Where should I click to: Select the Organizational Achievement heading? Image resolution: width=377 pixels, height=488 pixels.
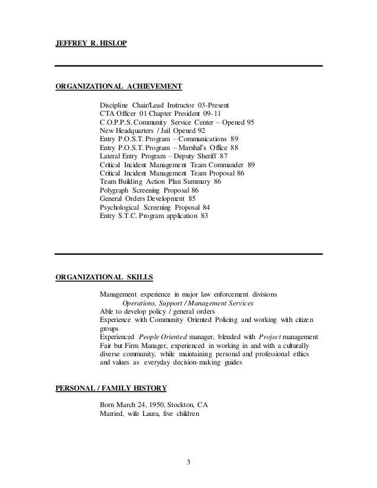118,87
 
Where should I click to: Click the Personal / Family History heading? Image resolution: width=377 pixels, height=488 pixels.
110,388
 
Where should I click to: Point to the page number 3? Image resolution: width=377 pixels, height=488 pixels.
188,461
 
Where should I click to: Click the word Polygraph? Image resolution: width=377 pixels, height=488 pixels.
117,191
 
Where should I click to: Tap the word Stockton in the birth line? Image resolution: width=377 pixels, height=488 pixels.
171,405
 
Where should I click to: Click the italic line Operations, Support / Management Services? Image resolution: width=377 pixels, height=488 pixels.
187,303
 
